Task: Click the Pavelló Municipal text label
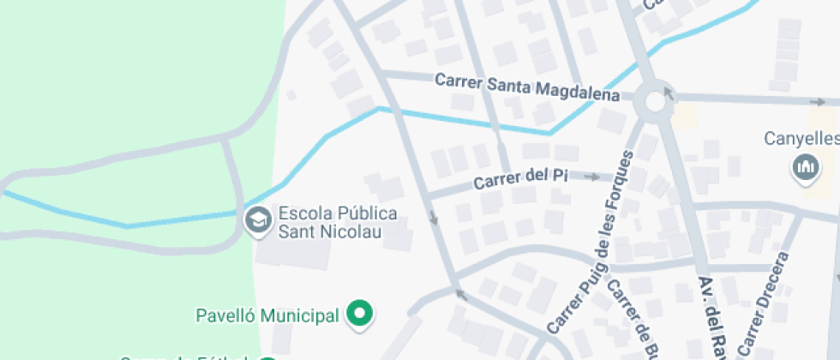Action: [x=267, y=316]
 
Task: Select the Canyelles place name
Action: [x=801, y=138]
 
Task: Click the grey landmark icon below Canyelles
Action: [x=805, y=168]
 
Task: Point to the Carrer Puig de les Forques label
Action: [x=591, y=243]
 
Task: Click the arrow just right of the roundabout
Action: [x=669, y=92]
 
